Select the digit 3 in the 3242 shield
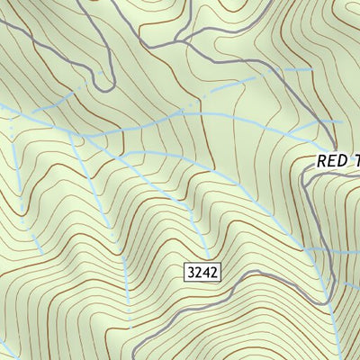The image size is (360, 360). (x=192, y=271)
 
